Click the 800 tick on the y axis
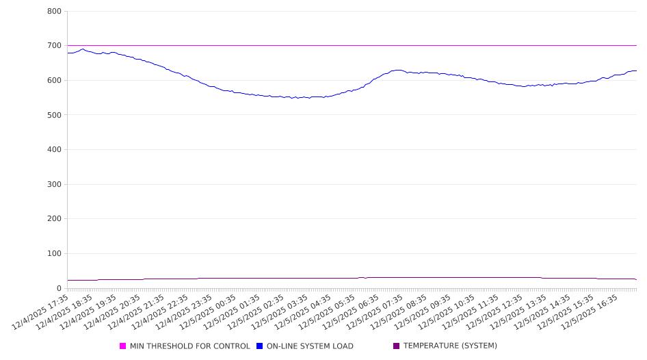coord(55,12)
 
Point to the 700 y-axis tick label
coord(55,46)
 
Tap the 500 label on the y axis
coord(55,115)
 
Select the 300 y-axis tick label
coord(55,185)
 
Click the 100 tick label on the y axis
coord(55,254)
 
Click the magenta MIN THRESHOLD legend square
coord(123,346)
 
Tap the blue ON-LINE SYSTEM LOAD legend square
coord(260,346)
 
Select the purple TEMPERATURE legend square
coord(397,346)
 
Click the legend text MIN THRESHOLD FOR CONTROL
coord(189,346)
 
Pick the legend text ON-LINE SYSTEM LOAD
coord(310,346)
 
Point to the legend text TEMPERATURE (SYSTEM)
coord(450,346)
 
